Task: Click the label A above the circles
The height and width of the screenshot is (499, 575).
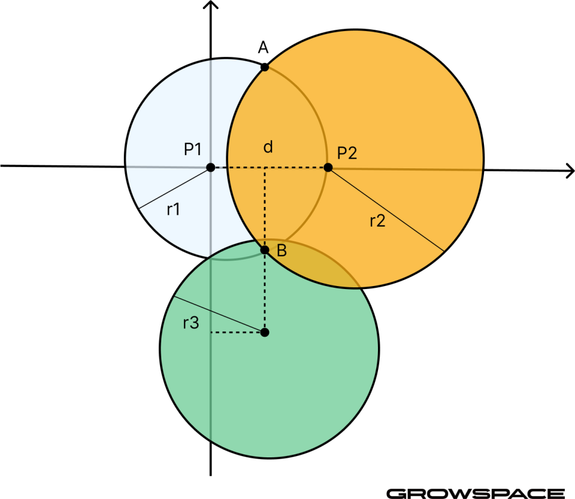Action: (263, 47)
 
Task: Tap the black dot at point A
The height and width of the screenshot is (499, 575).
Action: (264, 67)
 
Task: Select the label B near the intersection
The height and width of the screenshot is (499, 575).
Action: (282, 250)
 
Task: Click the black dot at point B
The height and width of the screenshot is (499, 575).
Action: (264, 250)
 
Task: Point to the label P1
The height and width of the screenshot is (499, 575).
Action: (192, 149)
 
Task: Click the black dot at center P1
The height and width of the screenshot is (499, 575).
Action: (211, 168)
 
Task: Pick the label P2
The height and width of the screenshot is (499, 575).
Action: (347, 153)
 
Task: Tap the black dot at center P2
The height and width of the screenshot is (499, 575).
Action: (328, 168)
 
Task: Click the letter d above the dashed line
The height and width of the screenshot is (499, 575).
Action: (268, 146)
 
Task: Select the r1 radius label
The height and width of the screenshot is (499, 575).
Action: (173, 209)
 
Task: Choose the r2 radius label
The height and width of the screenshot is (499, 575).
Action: (377, 221)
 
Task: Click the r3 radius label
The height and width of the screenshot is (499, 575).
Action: (191, 323)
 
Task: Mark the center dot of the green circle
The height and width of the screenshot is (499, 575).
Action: (264, 332)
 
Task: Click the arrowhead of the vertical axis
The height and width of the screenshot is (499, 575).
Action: (211, 4)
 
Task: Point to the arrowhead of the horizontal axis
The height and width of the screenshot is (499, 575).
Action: (570, 171)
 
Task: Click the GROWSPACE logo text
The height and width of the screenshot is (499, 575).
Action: (476, 494)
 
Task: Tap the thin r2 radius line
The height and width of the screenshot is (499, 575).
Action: (386, 209)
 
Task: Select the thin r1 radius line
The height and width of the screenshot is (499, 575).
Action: (174, 188)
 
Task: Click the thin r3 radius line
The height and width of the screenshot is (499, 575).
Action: (218, 315)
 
